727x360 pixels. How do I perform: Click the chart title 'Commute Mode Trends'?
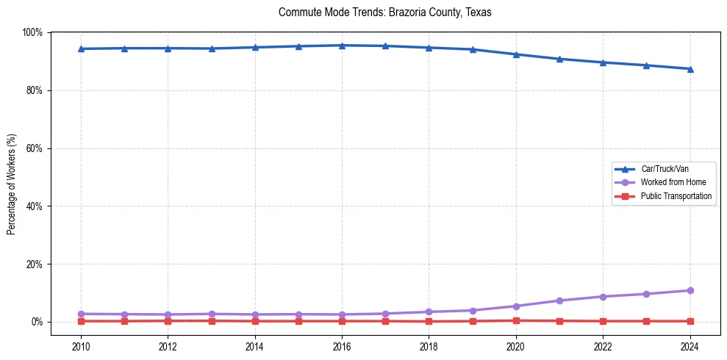pos(385,12)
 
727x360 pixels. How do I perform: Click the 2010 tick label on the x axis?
pos(81,346)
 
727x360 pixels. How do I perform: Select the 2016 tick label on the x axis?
pos(342,346)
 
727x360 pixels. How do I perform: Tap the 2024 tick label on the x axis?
pos(690,346)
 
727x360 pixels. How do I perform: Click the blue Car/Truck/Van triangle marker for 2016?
pos(342,46)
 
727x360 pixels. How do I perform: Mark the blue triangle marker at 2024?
pos(690,69)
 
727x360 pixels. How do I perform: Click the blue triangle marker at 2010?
pos(81,48)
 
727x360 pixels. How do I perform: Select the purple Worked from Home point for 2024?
pos(690,290)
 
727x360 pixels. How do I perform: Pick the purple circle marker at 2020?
pos(516,306)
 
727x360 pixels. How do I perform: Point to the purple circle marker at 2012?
pos(168,314)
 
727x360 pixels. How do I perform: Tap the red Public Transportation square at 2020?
pos(516,320)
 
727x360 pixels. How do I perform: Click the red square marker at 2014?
pos(255,321)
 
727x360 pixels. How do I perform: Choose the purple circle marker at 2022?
pos(603,296)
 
